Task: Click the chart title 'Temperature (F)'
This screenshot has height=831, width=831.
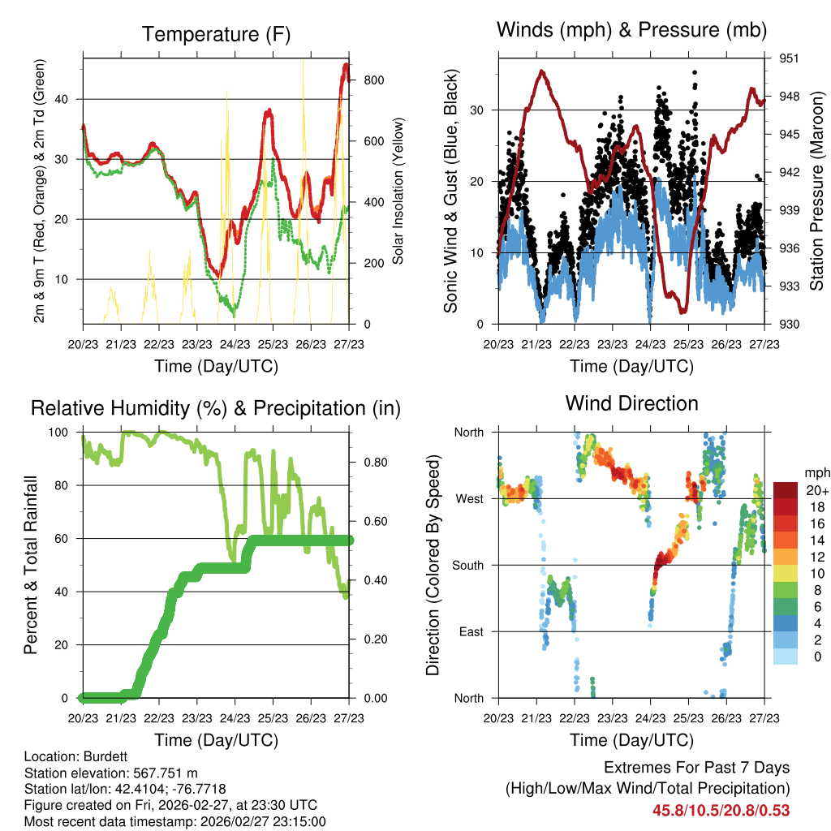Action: [x=216, y=35]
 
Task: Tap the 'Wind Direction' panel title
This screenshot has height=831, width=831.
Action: [x=631, y=403]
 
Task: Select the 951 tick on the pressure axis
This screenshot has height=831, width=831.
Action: [x=790, y=58]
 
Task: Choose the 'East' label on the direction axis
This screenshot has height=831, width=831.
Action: [x=469, y=631]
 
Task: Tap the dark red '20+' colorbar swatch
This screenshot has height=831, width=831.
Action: [x=786, y=490]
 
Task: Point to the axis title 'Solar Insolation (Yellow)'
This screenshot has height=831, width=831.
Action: [x=398, y=192]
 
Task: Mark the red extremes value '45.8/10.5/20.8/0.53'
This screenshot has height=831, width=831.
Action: [x=721, y=810]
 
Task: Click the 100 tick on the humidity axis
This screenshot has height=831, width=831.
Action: [x=66, y=433]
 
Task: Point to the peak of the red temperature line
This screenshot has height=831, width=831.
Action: [x=347, y=64]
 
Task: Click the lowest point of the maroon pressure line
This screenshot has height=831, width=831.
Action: [x=683, y=311]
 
